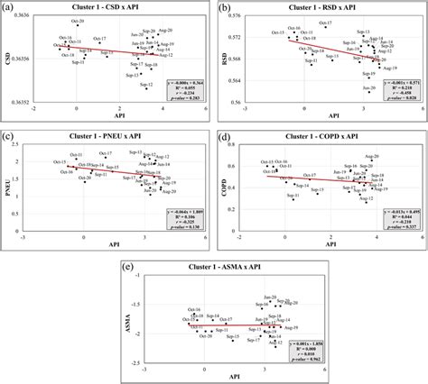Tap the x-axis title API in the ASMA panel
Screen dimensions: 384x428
[x=215, y=378]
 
